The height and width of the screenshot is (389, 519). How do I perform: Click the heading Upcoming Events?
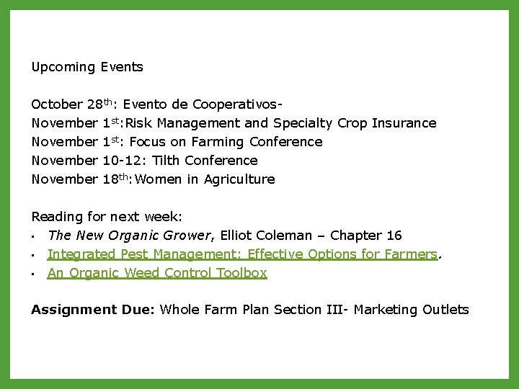pos(87,67)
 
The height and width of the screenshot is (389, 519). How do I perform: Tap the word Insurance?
pos(404,123)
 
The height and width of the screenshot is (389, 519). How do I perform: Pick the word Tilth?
pos(168,161)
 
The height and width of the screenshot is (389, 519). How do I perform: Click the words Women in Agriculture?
pos(205,179)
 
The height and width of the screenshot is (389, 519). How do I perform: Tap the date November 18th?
pos(81,179)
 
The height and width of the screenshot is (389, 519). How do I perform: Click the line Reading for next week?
pos(107,217)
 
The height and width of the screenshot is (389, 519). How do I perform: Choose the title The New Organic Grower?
pos(128,236)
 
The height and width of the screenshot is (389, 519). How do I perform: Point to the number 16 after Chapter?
pos(394,236)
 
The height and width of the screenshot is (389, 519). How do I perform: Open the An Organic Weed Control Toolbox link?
pos(157,273)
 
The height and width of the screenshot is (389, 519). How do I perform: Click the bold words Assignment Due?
pos(92,310)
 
